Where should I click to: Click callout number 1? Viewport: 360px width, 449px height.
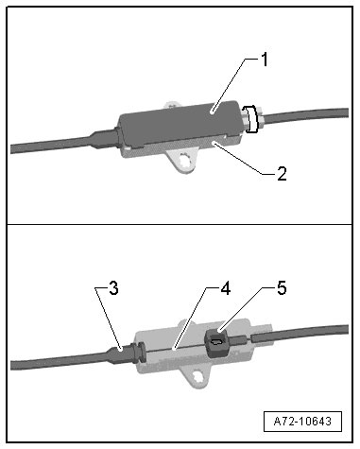[x=265, y=60]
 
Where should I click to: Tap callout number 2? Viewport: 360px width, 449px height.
[x=282, y=173]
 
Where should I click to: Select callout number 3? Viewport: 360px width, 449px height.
[x=113, y=288]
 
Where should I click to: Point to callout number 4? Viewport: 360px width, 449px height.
[x=225, y=288]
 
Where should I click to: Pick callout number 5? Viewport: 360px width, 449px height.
[x=282, y=288]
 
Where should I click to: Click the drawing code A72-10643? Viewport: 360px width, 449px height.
[x=302, y=422]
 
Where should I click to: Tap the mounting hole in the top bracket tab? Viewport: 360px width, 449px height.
[x=185, y=162]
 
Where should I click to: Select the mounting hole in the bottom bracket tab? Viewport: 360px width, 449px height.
[x=198, y=377]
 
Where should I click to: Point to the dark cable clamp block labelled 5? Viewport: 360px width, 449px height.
[x=216, y=342]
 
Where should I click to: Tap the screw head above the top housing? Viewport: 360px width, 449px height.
[x=172, y=105]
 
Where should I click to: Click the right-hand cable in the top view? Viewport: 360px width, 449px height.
[x=304, y=117]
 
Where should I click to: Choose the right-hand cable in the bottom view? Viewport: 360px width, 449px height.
[x=300, y=335]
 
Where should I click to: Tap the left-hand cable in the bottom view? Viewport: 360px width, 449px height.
[x=60, y=361]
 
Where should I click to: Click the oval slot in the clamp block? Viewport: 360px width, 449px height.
[x=216, y=341]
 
